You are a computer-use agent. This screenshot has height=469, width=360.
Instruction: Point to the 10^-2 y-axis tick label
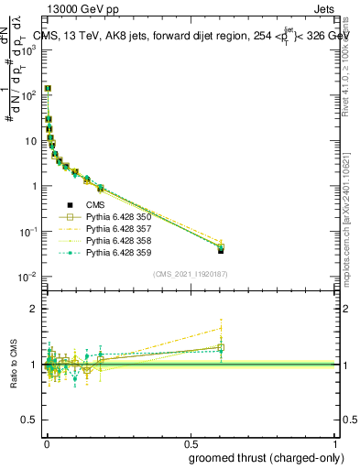pos(28,276)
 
